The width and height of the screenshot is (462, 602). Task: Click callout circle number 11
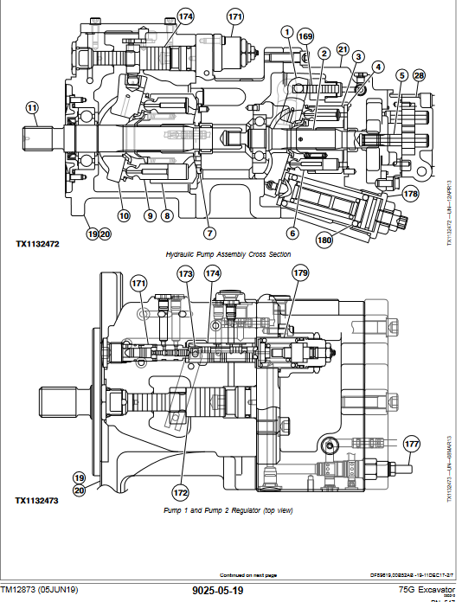coord(32,108)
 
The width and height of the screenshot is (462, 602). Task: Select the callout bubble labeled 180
coord(325,240)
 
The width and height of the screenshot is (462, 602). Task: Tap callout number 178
coord(410,194)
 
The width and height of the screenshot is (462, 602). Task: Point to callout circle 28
coord(420,76)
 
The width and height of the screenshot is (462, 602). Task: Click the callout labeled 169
coord(305,36)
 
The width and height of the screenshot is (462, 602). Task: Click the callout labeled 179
coord(299,273)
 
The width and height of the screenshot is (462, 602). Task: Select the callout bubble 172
coord(180,493)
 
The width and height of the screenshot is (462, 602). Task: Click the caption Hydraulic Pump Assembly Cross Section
coord(228,254)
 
